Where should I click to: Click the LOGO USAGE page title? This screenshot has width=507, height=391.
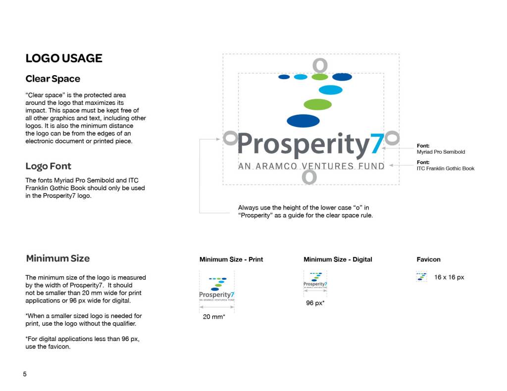pos(64,58)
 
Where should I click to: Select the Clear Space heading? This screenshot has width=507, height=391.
pos(52,79)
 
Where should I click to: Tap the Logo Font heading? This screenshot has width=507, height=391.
pos(49,166)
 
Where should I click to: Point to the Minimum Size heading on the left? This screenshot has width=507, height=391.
pos(58,258)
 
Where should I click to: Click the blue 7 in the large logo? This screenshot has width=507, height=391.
pos(377,144)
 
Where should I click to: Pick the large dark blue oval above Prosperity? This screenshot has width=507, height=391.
pos(303,120)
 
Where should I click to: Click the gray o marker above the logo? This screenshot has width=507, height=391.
pos(320,65)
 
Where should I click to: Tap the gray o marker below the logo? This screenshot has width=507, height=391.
pos(309,176)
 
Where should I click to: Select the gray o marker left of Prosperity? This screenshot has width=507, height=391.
pos(230,138)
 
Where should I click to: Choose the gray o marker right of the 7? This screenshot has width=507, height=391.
pos(392,138)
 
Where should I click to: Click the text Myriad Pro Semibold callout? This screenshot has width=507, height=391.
pos(441,152)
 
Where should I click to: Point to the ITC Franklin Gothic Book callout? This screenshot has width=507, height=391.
pos(445,169)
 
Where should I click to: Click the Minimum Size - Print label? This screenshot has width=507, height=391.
pos(231,260)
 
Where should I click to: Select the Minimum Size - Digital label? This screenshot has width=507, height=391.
pos(338,260)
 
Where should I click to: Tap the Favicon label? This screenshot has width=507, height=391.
pos(428,260)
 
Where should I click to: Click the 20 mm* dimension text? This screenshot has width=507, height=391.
pos(214,317)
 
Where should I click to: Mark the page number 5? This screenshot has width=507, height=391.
pos(25,374)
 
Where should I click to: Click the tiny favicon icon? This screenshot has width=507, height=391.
pos(421,277)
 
